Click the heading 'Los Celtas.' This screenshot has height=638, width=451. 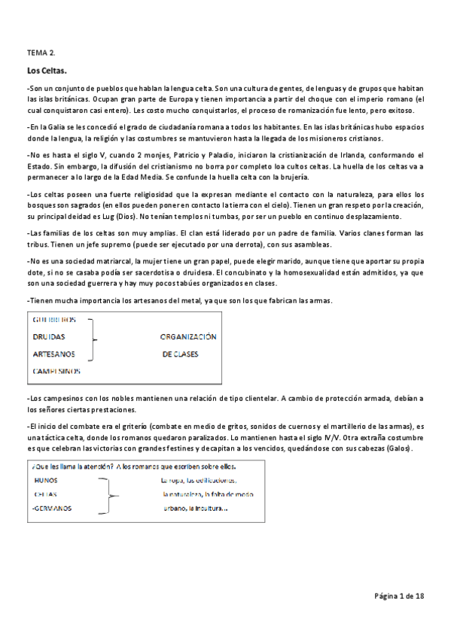click(x=47, y=71)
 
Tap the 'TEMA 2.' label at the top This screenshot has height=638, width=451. click(x=41, y=53)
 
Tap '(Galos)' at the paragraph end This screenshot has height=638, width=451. click(x=400, y=448)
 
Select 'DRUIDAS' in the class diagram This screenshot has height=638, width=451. click(x=49, y=337)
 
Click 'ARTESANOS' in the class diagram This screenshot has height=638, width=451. click(x=53, y=354)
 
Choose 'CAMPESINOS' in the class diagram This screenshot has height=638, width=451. click(x=56, y=371)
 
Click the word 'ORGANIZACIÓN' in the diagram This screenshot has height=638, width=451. click(x=188, y=337)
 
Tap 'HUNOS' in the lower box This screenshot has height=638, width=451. click(x=47, y=480)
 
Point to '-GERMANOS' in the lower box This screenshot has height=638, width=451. click(x=52, y=508)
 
